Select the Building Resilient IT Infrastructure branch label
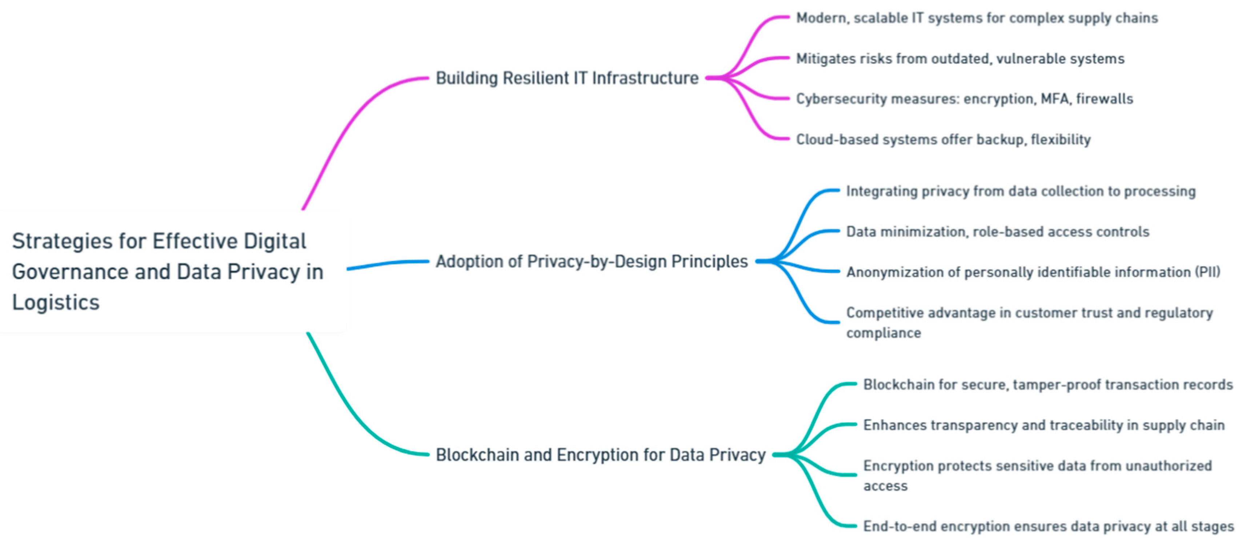pos(567,78)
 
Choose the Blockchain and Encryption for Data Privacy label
pos(600,455)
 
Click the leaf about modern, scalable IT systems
pos(977,18)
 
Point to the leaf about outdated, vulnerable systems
pos(960,59)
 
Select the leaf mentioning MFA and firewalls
pos(965,99)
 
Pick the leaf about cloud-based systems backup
pos(943,139)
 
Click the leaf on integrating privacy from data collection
pos(1021,191)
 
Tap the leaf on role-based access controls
pos(997,232)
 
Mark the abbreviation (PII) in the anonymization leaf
pos(1207,272)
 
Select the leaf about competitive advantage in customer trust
pos(1029,323)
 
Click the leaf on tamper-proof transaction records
pos(1048,384)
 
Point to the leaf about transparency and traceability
pos(1044,425)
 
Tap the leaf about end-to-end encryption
pos(1049,526)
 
